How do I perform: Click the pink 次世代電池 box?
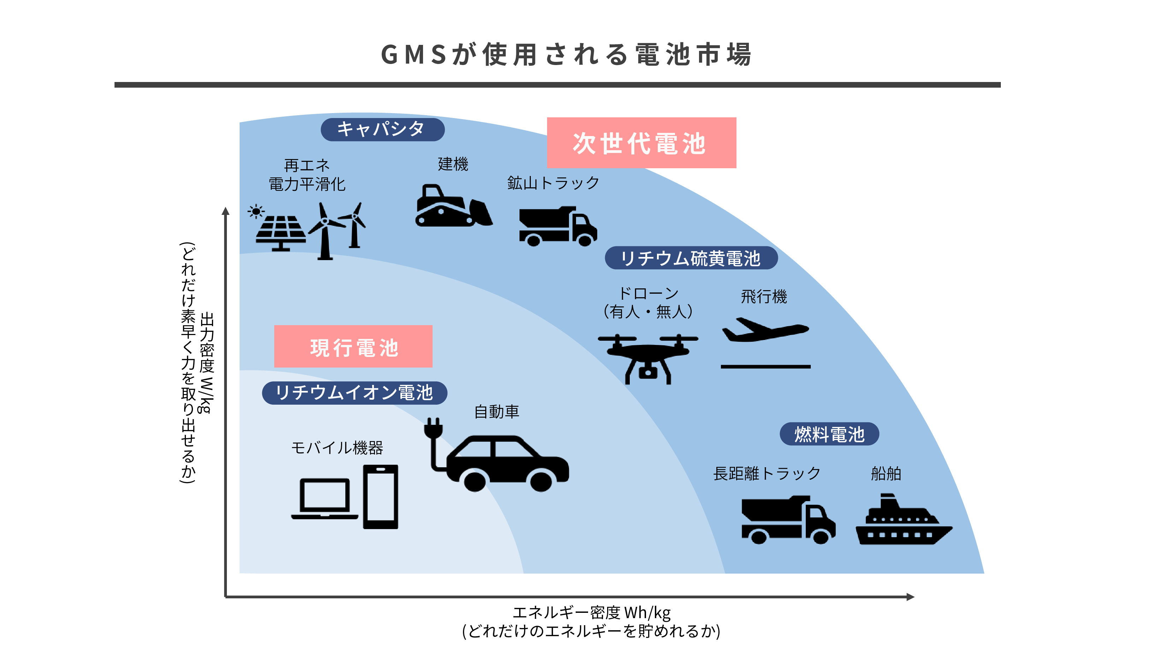point(641,143)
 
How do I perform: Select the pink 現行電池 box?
point(353,346)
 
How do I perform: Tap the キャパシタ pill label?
point(382,129)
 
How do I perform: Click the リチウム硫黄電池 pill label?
point(691,258)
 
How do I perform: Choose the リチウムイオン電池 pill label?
point(354,393)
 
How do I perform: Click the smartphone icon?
point(380,497)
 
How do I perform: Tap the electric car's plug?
point(433,428)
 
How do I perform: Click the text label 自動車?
point(497,412)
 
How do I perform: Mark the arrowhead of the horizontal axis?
point(910,597)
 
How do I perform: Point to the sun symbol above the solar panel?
point(256,211)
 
